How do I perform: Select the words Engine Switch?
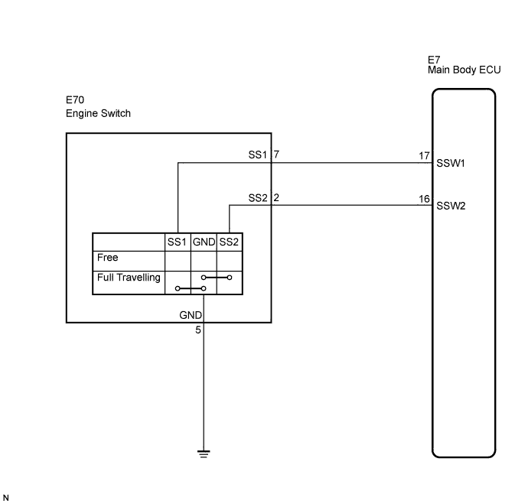point(98,113)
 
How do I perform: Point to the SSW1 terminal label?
point(451,164)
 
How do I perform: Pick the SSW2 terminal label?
point(451,206)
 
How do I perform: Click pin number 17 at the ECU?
point(424,155)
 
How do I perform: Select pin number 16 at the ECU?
point(424,198)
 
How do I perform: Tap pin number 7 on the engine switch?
point(276,154)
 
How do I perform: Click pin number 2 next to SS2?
point(276,197)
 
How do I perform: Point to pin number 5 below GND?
point(198,331)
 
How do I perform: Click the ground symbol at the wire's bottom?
point(204,453)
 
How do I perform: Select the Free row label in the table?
point(108,259)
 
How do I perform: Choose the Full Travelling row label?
point(129,278)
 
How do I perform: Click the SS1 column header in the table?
point(177,242)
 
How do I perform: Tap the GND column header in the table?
point(204,242)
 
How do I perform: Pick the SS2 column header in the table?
point(230,242)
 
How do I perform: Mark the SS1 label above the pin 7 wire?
point(258,154)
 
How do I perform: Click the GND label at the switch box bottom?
point(191,315)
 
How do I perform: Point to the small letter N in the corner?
point(6,497)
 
